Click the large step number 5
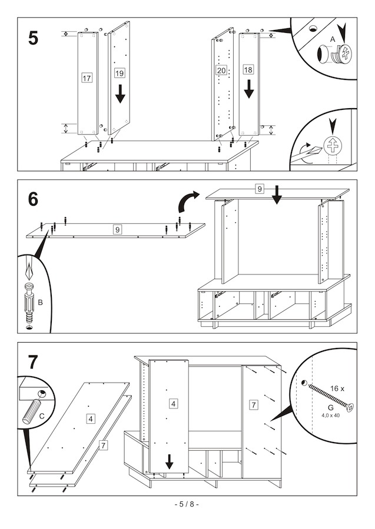coord(33,38)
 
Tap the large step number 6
coord(33,199)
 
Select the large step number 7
coord(33,362)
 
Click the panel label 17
coord(87,78)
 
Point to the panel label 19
coord(120,73)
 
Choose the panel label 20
coord(221,70)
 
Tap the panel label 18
coord(248,69)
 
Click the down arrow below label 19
coord(120,94)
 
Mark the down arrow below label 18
coord(248,89)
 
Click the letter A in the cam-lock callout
coord(333,39)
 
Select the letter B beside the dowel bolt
coord(40,303)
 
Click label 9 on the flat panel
coord(117,230)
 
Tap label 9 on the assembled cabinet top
coord(260,189)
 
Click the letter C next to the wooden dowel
coord(42,416)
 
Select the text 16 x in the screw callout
coord(337,389)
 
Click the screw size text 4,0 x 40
coord(330,416)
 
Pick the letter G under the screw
coord(331,408)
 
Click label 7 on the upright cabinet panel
coord(253,404)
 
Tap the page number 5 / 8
coord(187,504)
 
